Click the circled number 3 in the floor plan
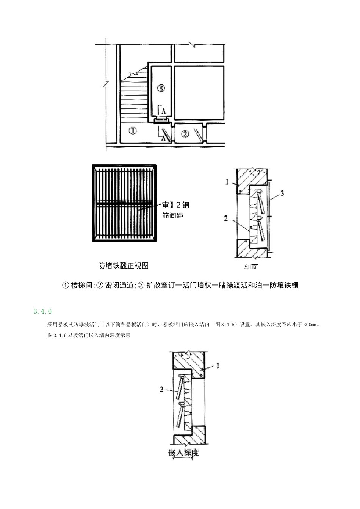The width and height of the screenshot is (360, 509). pyautogui.click(x=161, y=88)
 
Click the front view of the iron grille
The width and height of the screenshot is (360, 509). pyautogui.click(x=124, y=203)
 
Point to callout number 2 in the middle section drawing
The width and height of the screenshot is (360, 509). pyautogui.click(x=226, y=219)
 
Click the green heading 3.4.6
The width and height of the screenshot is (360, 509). pyautogui.click(x=42, y=311)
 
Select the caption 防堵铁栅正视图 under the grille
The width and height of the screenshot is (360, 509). pyautogui.click(x=124, y=265)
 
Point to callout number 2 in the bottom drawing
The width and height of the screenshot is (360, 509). pyautogui.click(x=162, y=389)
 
